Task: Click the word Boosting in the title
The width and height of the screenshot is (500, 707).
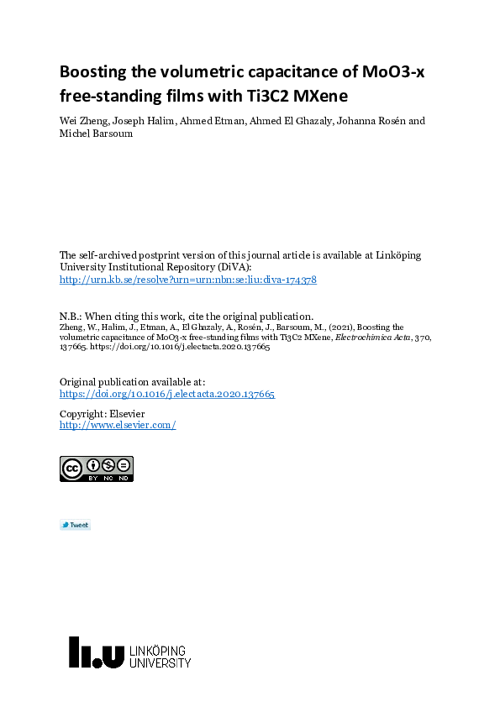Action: point(93,71)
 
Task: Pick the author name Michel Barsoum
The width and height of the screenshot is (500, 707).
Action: point(96,134)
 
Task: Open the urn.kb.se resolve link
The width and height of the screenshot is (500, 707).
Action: point(187,280)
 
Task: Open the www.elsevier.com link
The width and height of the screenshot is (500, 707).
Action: point(117,425)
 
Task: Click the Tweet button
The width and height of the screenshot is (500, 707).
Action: point(75,526)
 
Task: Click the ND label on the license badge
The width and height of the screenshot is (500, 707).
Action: point(124,478)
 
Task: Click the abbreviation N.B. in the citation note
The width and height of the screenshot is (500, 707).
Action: point(70,317)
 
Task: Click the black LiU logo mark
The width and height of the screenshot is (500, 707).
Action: point(97,652)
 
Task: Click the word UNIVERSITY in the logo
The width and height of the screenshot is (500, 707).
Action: point(160,663)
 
